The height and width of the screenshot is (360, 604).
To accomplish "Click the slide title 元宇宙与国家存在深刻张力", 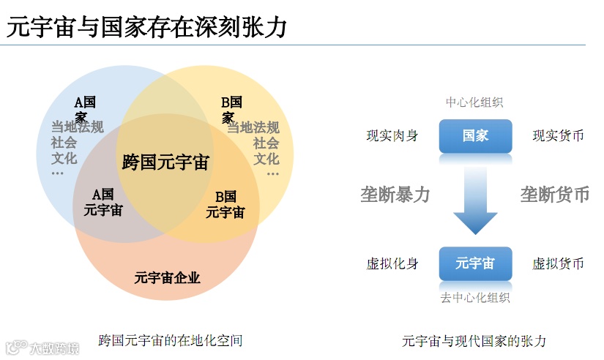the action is pos(146,27).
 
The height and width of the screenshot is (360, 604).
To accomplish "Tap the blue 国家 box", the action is pos(475,135).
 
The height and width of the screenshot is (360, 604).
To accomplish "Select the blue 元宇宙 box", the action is pos(475,263).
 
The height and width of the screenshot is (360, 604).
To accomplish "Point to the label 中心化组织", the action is pos(475,102).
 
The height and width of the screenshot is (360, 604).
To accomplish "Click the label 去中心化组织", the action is pos(475,298).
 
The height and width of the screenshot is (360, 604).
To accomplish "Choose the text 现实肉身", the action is pos(392,135).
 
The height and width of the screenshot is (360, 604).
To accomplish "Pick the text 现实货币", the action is pos(558,135).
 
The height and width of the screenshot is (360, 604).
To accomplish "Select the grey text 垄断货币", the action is pos(555,195).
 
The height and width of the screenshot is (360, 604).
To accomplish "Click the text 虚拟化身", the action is pos(392,263).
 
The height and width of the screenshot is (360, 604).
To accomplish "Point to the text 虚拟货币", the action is pos(558,263).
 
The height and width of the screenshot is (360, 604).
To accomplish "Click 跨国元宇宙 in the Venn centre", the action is pos(165,162).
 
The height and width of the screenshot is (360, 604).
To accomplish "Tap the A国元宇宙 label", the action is pos(103,203).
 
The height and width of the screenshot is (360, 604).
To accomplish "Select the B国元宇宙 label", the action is pos(225,205).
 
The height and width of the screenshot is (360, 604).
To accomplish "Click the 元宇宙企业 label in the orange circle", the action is pos(167,277).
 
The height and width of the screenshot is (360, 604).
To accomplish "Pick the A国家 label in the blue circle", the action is pos(85,109).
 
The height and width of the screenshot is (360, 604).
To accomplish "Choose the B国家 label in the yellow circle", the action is pos(231,109).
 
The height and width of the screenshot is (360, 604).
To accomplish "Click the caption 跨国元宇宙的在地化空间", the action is pos(170,340).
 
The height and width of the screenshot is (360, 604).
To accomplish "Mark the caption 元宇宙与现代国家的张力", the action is pos(474,341).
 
